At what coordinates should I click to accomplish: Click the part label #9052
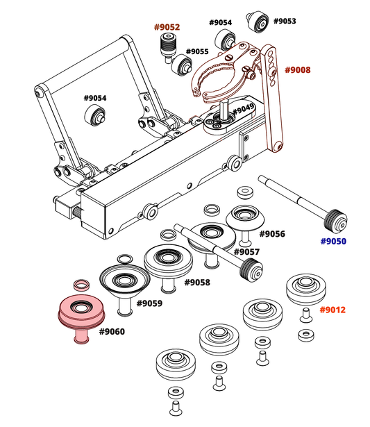pyautogui.click(x=167, y=27)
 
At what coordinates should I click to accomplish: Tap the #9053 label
pyautogui.click(x=285, y=21)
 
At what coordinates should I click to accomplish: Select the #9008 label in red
pyautogui.click(x=298, y=70)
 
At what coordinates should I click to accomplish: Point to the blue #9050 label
pyautogui.click(x=333, y=242)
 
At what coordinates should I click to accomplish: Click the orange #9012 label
pyautogui.click(x=333, y=310)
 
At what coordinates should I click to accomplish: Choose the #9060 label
pyautogui.click(x=112, y=332)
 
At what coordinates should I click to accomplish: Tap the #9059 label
pyautogui.click(x=149, y=303)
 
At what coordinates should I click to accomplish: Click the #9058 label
pyautogui.click(x=197, y=283)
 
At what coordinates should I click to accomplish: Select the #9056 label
pyautogui.click(x=272, y=234)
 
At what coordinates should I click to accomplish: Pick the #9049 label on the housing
pyautogui.click(x=244, y=109)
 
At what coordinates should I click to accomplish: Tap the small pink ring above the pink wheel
pyautogui.click(x=81, y=285)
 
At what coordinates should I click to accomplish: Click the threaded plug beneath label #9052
pyautogui.click(x=168, y=47)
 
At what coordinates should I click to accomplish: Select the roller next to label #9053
pyautogui.click(x=258, y=22)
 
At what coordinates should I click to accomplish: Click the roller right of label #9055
pyautogui.click(x=182, y=65)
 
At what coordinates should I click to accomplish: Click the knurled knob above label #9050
pyautogui.click(x=335, y=221)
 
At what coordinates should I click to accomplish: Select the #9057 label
pyautogui.click(x=246, y=252)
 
